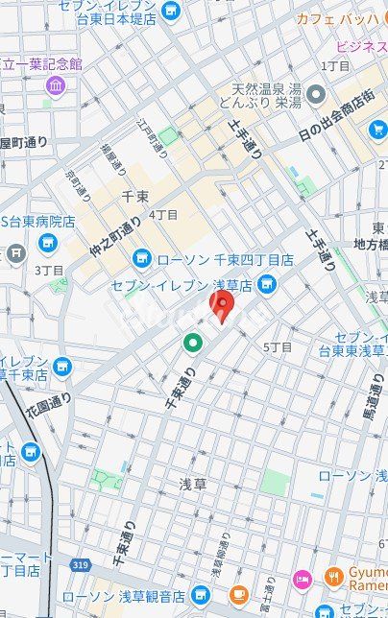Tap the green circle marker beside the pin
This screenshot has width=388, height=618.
193,341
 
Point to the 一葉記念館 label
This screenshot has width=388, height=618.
43,63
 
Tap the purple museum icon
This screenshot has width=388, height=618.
55,86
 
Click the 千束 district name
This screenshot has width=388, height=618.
134,197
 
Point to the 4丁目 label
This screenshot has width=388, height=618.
163,215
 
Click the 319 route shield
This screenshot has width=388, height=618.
81,566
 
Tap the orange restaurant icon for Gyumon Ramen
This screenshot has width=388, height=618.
333,577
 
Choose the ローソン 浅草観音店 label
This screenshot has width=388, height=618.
136,597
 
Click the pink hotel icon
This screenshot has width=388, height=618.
303,579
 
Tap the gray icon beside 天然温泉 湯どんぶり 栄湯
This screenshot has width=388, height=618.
316,94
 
